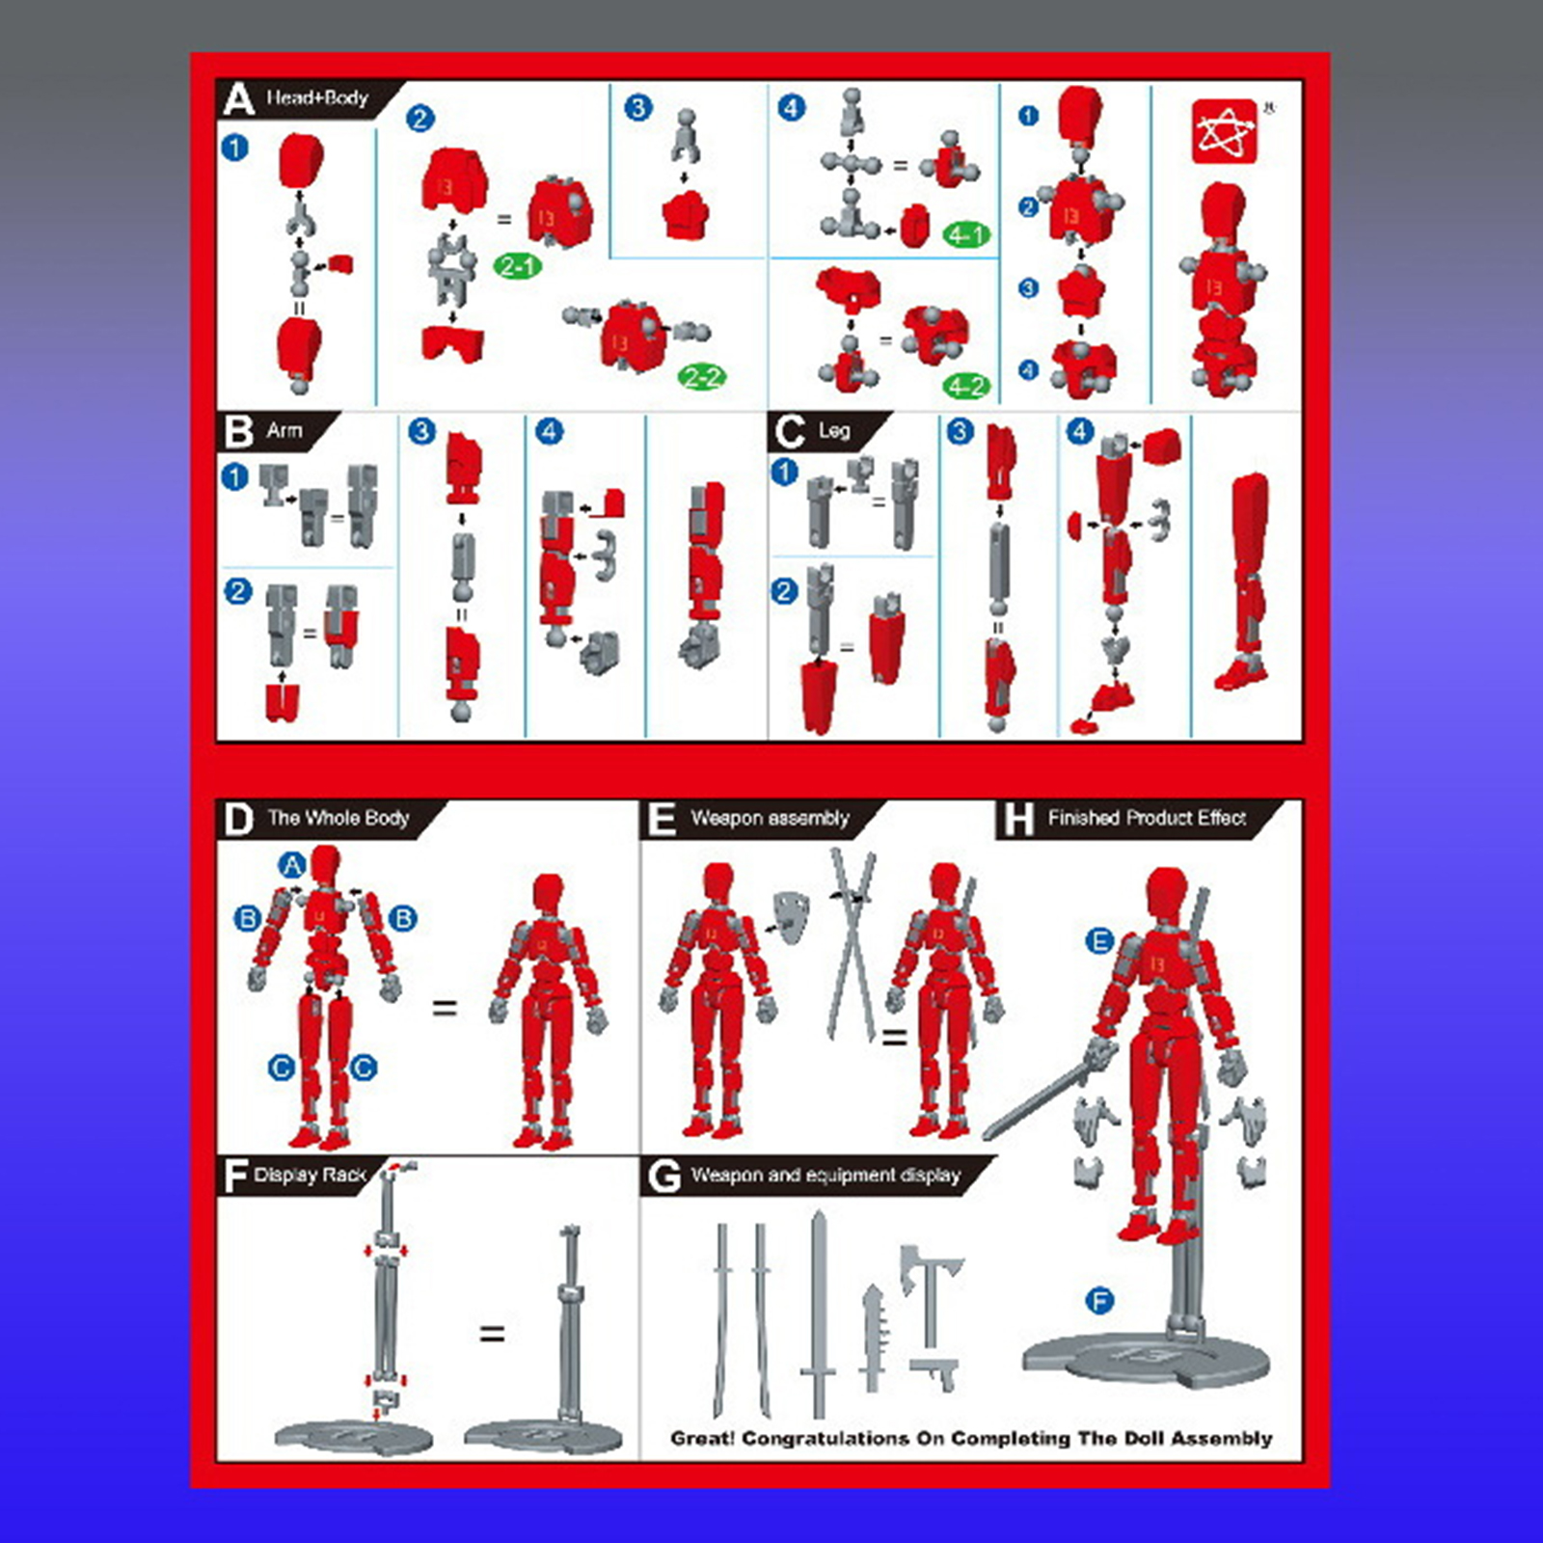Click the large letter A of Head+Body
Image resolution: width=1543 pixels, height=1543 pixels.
[x=237, y=99]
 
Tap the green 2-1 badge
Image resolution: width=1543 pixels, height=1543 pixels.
[x=518, y=265]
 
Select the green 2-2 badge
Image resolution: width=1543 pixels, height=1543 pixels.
[x=701, y=377]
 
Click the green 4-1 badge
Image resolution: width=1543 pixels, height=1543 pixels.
[x=966, y=234]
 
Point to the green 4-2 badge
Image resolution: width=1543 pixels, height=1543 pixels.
[x=966, y=387]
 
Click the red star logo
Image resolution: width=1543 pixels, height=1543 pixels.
[x=1225, y=131]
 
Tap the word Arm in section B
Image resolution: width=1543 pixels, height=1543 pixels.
[x=284, y=430]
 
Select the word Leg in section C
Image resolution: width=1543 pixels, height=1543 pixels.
[x=834, y=430]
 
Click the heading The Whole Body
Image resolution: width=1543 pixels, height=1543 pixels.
[x=338, y=818]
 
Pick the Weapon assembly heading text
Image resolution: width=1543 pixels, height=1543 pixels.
[x=770, y=818]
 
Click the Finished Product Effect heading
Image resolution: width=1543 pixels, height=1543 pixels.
[x=1147, y=818]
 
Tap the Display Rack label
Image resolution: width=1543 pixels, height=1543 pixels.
[x=311, y=1175]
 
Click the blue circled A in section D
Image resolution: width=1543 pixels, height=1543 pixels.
[x=292, y=865]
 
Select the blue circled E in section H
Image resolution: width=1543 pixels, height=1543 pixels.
[x=1099, y=941]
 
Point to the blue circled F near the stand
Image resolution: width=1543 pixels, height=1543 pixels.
[x=1099, y=1301]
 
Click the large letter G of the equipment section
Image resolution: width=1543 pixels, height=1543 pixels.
[x=664, y=1177]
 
